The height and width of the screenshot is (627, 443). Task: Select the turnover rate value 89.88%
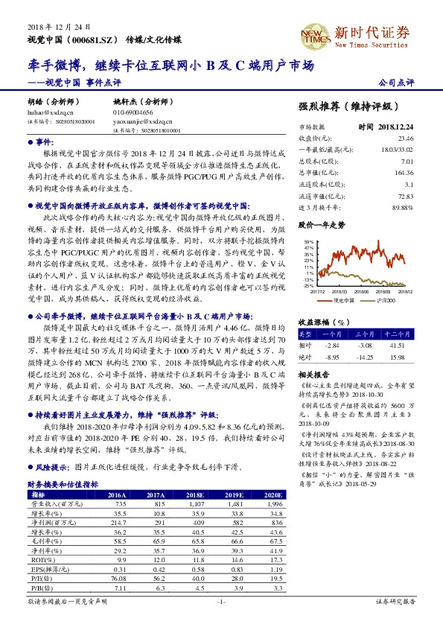point(402,207)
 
